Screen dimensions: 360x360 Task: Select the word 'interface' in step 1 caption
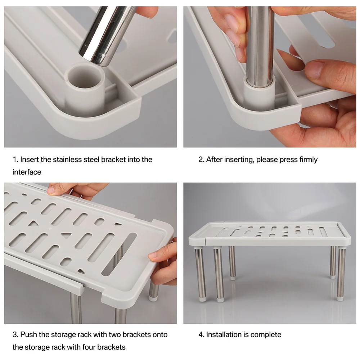tap(27, 172)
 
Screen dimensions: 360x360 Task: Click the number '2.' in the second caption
tap(201, 159)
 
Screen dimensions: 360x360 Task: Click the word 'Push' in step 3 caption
tap(28, 334)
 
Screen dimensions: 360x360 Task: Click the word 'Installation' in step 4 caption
tap(223, 334)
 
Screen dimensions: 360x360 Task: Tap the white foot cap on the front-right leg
tap(340, 297)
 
